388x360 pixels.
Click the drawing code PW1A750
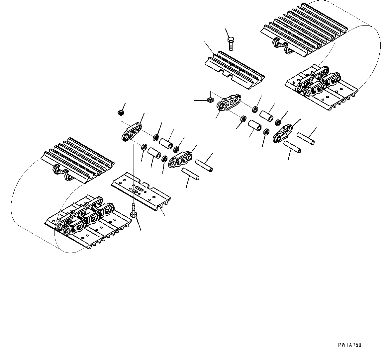[349, 345]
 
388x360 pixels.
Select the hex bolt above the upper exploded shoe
[231, 43]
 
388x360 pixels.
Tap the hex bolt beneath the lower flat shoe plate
[134, 211]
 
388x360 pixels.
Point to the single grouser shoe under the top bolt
[235, 70]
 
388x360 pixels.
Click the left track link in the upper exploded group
[229, 103]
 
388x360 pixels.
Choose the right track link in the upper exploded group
[283, 133]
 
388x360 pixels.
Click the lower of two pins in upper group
[292, 147]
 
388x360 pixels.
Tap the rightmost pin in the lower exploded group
[204, 166]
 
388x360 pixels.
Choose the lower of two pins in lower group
[191, 174]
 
